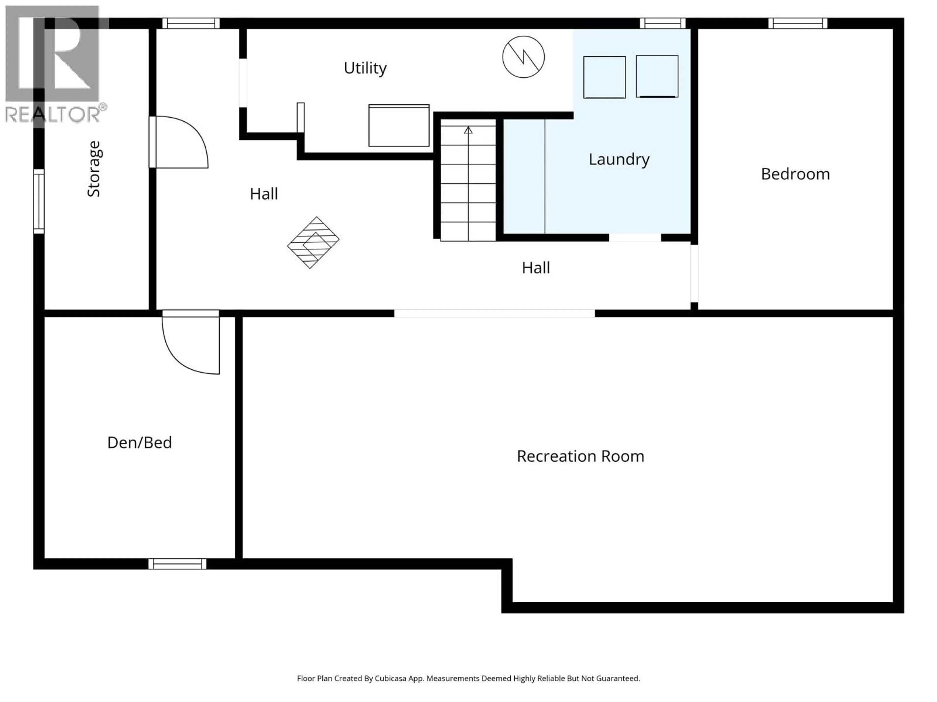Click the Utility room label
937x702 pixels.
tap(365, 68)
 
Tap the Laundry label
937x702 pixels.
tap(619, 159)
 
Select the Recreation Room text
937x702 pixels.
tap(580, 456)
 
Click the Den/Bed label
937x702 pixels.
tap(139, 443)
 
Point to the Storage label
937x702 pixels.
tap(94, 169)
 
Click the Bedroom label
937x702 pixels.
tap(795, 174)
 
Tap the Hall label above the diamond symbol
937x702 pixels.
tap(264, 194)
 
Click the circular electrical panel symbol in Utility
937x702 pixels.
tap(523, 57)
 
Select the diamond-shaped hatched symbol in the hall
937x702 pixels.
tap(313, 243)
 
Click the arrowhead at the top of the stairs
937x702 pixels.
tap(468, 130)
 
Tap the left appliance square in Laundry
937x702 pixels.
tap(604, 78)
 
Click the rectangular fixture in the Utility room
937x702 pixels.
tap(399, 126)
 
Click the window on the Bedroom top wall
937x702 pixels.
tap(798, 23)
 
